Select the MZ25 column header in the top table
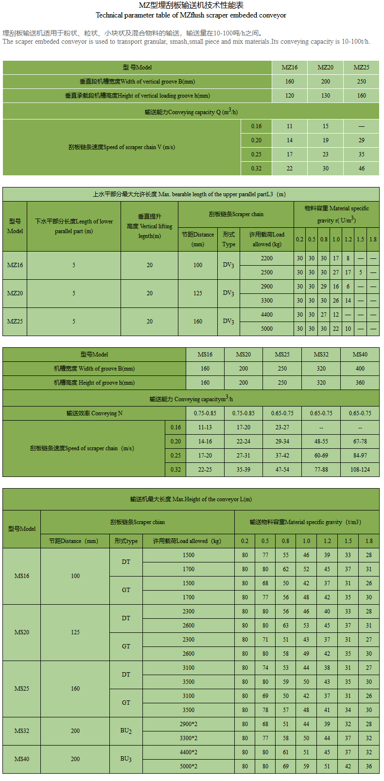click(x=361, y=68)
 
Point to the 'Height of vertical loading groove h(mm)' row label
click(x=138, y=96)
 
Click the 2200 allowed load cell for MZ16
click(x=267, y=258)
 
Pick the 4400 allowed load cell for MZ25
click(x=267, y=315)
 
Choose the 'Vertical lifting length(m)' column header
click(x=149, y=226)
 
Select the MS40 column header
click(x=360, y=355)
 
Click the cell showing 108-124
click(x=360, y=470)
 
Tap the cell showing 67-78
click(x=360, y=441)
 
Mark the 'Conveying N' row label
click(x=94, y=413)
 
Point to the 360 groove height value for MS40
click(x=360, y=383)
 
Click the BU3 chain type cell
click(x=126, y=759)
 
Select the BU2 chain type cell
click(x=126, y=731)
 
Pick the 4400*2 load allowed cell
click(x=189, y=752)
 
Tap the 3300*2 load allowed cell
click(x=189, y=738)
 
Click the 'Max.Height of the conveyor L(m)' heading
click(x=191, y=499)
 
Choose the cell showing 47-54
click(x=282, y=470)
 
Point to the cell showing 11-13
click(x=205, y=427)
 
